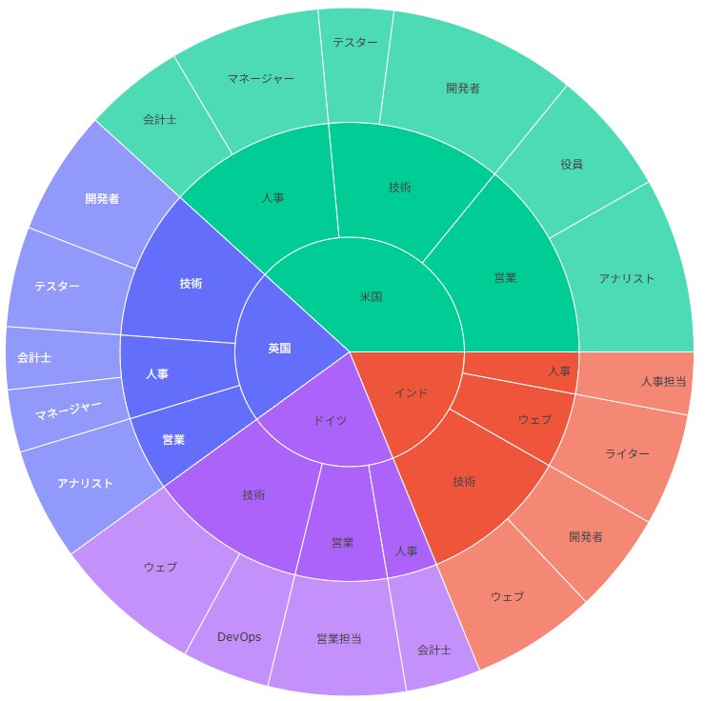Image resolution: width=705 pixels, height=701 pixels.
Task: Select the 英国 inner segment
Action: (x=280, y=349)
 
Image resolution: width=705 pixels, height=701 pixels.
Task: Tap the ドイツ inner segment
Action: (x=331, y=420)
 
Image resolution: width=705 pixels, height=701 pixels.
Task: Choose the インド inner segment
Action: (x=412, y=392)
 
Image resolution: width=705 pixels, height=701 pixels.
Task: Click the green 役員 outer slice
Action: (x=572, y=164)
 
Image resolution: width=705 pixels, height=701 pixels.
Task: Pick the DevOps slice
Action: (x=239, y=637)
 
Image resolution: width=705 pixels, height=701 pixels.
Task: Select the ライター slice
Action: (x=627, y=454)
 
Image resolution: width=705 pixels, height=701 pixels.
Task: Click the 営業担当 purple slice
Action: (x=338, y=638)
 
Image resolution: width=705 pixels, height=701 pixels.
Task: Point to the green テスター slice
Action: (x=355, y=43)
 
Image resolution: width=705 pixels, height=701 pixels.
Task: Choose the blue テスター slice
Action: (x=57, y=286)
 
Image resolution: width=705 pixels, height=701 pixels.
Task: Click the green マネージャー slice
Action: (x=261, y=79)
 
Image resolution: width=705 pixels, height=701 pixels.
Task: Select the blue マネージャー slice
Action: (x=69, y=411)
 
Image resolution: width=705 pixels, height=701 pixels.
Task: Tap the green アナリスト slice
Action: (x=626, y=279)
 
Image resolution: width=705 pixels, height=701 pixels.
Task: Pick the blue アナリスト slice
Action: (x=85, y=484)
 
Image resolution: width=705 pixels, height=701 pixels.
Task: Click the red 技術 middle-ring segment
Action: (x=464, y=482)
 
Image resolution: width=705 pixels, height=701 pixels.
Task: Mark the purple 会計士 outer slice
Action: (x=433, y=650)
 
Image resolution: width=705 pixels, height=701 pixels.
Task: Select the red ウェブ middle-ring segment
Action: (x=535, y=419)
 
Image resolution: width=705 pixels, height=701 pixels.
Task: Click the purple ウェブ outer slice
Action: (x=160, y=567)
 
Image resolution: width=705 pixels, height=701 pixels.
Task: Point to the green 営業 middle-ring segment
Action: (x=505, y=278)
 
